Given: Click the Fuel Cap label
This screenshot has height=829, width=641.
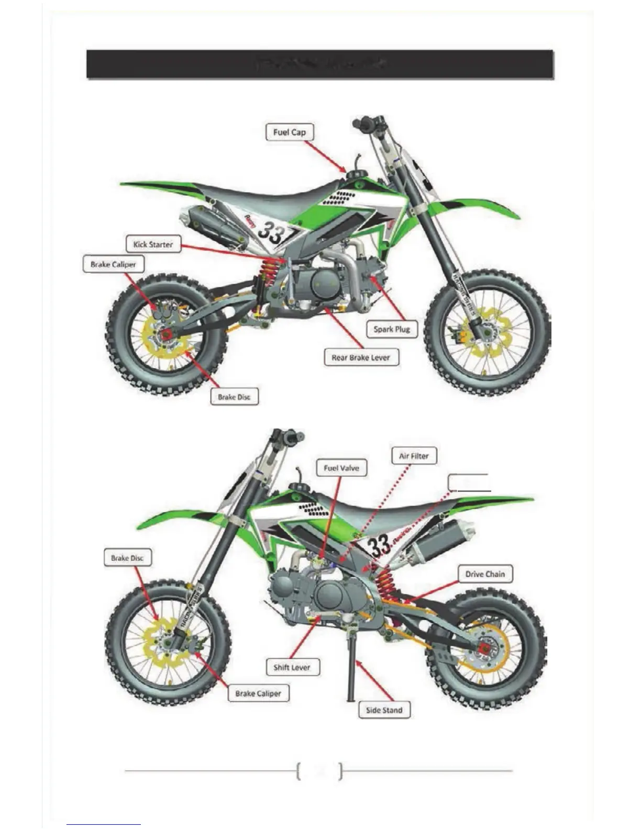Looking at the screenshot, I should [x=290, y=132].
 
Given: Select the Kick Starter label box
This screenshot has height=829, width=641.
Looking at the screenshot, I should [x=153, y=244].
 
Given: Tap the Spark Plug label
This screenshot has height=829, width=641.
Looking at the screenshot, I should [x=392, y=329].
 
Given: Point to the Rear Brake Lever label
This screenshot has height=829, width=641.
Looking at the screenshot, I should [x=361, y=358].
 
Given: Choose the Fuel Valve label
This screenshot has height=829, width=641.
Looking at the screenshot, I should [x=341, y=468].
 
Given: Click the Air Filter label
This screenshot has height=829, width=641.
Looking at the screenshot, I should [x=414, y=456].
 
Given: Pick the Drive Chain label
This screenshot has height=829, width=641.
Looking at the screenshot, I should [x=485, y=574].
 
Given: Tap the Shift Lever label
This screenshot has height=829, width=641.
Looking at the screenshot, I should [x=292, y=667].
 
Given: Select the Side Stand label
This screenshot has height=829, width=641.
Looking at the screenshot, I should [x=384, y=710].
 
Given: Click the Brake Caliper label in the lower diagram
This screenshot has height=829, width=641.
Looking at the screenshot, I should [x=258, y=693].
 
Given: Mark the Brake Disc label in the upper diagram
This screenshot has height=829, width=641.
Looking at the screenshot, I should [x=234, y=397].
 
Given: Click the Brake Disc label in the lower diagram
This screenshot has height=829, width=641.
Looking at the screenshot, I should [x=127, y=558].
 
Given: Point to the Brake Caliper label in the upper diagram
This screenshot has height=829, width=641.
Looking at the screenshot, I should [x=113, y=264].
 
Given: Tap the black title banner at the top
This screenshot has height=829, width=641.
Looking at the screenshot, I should [x=319, y=64].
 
